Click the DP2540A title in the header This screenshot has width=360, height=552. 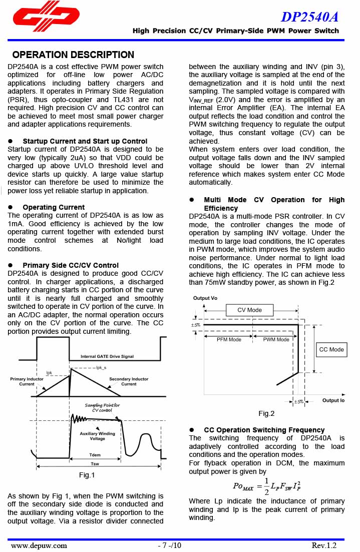click(309, 17)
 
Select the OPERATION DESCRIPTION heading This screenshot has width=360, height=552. click(73, 55)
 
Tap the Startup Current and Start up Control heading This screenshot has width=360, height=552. click(85, 141)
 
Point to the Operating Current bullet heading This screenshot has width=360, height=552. click(54, 207)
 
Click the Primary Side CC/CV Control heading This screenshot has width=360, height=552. click(71, 265)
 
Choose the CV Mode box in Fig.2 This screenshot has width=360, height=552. click(249, 310)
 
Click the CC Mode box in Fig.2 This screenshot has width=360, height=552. click(331, 349)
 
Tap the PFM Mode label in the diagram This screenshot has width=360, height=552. click(229, 339)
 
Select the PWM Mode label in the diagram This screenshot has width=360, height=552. click(276, 339)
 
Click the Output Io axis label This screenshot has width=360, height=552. click(333, 400)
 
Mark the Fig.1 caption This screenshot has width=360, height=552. click(87, 475)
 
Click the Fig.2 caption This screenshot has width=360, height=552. click(266, 413)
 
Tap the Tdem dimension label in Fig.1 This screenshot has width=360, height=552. click(95, 455)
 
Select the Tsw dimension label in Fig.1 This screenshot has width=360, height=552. click(95, 464)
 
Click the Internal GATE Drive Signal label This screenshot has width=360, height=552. click(107, 356)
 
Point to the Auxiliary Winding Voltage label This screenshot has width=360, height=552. click(97, 436)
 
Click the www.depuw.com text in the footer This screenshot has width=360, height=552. click(39, 545)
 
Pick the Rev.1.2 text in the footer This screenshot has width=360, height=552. click(324, 545)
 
